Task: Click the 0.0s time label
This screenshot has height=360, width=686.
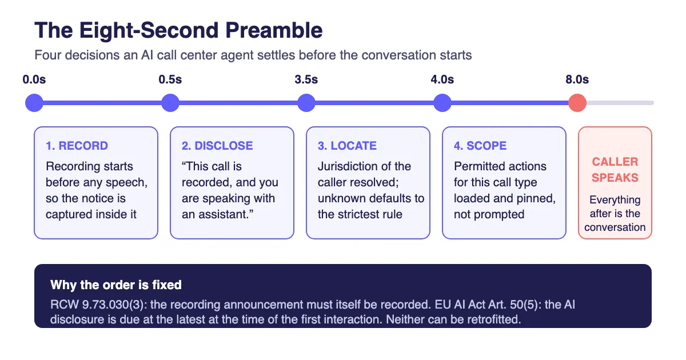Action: click(34, 79)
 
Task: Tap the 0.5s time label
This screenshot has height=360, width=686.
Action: click(170, 79)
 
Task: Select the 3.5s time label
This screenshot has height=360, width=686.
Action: click(306, 79)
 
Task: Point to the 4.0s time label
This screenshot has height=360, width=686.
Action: click(442, 79)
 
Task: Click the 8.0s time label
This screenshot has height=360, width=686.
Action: click(577, 79)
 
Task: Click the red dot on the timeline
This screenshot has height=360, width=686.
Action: click(577, 103)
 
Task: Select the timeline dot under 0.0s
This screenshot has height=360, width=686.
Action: click(34, 103)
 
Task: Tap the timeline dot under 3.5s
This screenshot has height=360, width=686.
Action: click(306, 103)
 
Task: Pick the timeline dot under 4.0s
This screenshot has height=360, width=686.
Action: click(442, 103)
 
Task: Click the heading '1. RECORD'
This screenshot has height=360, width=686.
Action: click(77, 146)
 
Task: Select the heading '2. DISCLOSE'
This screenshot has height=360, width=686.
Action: click(217, 146)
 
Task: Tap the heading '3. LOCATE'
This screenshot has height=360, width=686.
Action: click(347, 146)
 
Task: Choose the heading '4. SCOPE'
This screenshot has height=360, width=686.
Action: click(480, 146)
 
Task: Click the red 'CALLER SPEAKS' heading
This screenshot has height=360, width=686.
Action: click(615, 170)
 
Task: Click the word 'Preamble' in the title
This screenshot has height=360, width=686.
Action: click(274, 30)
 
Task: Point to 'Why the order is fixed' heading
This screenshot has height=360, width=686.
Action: click(116, 285)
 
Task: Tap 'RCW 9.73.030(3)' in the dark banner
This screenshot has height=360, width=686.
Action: click(97, 305)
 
